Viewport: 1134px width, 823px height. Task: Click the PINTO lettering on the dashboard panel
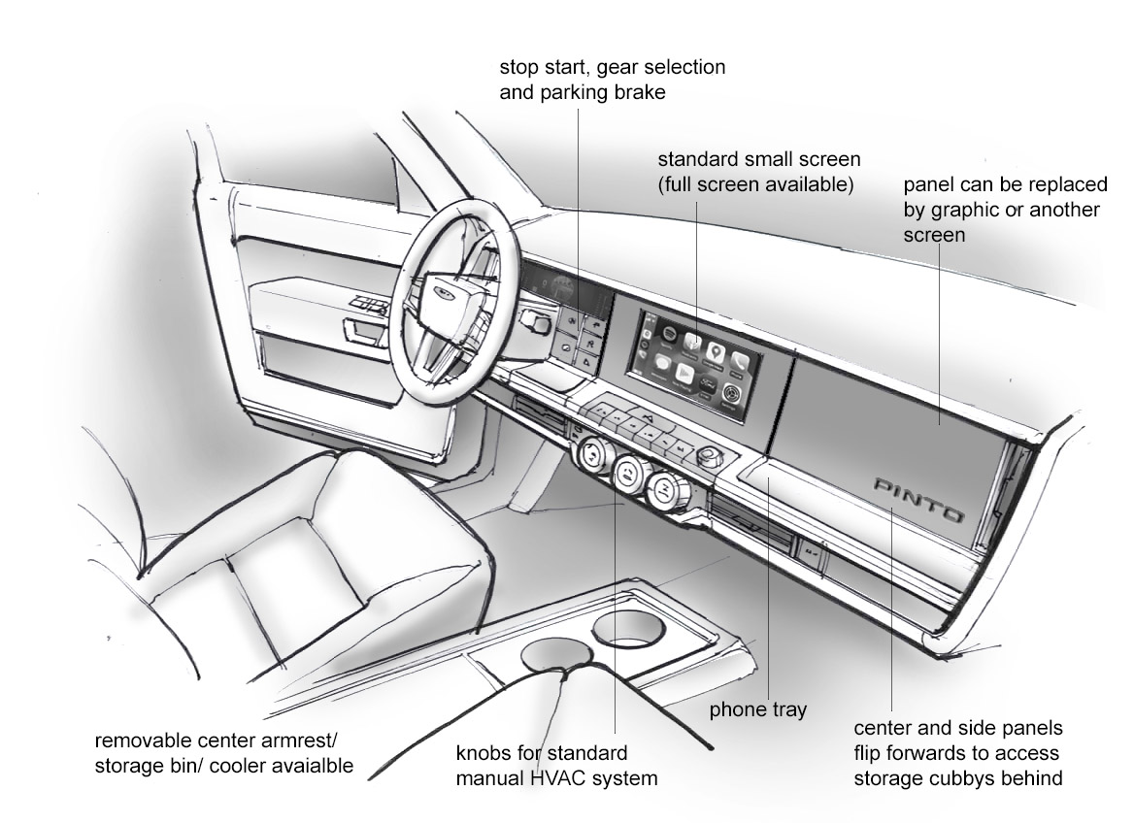(x=917, y=498)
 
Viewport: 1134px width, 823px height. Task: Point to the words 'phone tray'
(x=758, y=709)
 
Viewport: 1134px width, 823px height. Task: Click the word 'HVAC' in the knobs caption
(x=580, y=777)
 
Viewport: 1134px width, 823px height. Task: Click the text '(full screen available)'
(x=755, y=183)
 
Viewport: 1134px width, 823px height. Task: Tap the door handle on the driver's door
(x=366, y=333)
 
